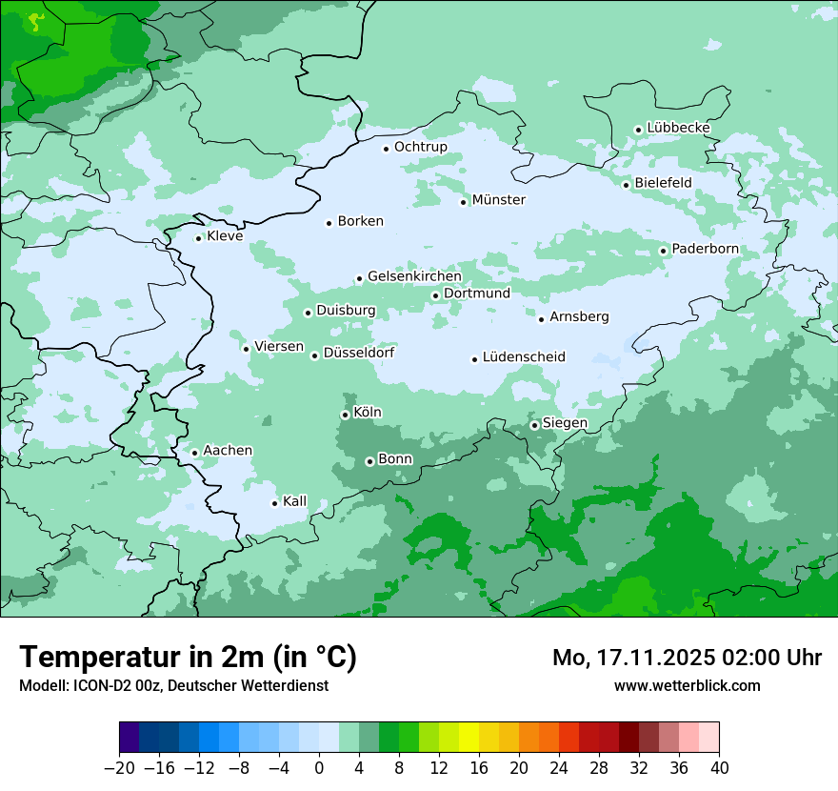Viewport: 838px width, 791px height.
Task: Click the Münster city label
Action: [x=499, y=200]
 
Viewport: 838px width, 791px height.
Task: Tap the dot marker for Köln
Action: [x=345, y=415]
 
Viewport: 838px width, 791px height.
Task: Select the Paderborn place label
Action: [x=705, y=250]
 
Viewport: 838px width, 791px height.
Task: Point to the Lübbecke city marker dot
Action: [x=638, y=130]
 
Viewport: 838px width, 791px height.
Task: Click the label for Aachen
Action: [x=228, y=451]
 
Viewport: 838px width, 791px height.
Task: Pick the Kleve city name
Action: [x=225, y=236]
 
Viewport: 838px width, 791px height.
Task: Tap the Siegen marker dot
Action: [x=534, y=425]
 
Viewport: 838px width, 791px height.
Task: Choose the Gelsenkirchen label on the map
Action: [x=414, y=276]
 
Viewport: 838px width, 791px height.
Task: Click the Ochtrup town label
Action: [x=420, y=147]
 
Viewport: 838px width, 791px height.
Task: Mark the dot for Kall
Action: [x=274, y=503]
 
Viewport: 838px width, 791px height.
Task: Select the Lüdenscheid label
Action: [x=524, y=357]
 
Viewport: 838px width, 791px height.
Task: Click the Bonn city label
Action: [x=395, y=459]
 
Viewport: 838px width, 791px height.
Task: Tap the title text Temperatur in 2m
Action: [x=188, y=657]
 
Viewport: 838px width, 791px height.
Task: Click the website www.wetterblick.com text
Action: [x=687, y=685]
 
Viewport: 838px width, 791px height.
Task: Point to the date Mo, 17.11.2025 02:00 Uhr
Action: [x=687, y=658]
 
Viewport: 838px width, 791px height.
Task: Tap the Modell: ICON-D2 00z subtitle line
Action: [x=173, y=685]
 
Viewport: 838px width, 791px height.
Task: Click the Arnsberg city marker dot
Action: [x=541, y=318]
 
